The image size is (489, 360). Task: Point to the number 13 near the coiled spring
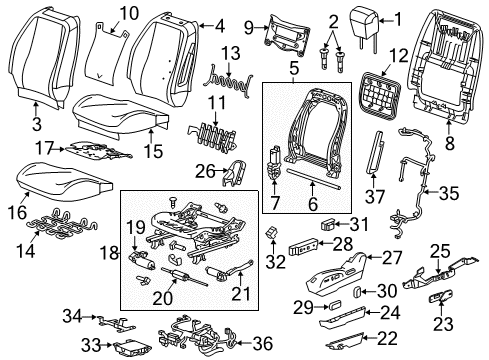point(231,53)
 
